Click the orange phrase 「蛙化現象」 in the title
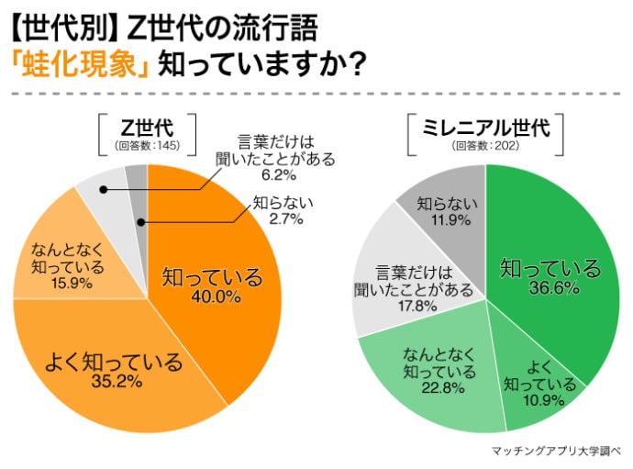click(80, 65)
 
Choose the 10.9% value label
click(539, 398)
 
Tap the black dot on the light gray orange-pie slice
click(104, 190)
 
